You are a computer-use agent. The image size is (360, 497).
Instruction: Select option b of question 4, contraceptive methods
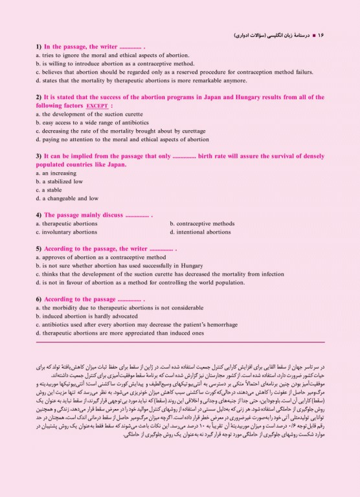point(202,223)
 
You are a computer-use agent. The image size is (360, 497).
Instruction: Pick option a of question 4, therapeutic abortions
point(67,223)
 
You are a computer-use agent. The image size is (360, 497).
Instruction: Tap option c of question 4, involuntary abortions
point(67,231)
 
